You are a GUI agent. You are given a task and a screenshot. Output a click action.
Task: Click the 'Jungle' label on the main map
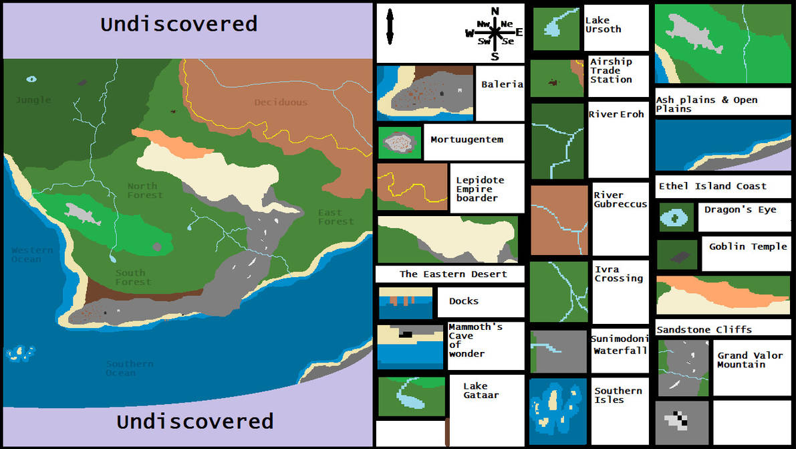coord(33,100)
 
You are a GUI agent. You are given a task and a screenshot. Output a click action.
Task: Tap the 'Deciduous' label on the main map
coord(281,102)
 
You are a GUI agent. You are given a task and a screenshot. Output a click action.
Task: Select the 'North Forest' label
coord(144,191)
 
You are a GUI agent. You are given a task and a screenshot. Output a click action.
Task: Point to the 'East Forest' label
coord(336,217)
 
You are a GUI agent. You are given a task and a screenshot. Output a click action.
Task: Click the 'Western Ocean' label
coord(31,254)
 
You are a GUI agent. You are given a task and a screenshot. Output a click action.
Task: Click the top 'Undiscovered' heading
coord(178,25)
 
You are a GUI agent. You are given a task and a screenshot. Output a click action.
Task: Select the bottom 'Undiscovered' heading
coord(194,422)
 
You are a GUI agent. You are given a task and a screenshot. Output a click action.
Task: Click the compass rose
coord(495,32)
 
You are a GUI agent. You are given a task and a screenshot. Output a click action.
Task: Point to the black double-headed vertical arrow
coord(390,29)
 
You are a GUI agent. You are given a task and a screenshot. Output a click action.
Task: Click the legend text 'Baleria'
coord(502,85)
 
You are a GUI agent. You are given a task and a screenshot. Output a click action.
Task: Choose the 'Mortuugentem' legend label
coord(467,140)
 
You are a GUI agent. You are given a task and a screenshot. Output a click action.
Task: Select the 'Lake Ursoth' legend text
coord(603,25)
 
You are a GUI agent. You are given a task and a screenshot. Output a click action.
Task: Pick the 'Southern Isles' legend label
coord(618,395)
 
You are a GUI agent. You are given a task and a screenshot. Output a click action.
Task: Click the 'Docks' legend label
coord(464,301)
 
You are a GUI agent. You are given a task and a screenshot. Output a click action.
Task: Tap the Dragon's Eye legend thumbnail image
coord(676,217)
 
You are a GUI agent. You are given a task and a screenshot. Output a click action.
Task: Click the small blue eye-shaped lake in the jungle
coord(31,79)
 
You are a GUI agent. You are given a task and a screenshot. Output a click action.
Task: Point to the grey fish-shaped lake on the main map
coord(83,213)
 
